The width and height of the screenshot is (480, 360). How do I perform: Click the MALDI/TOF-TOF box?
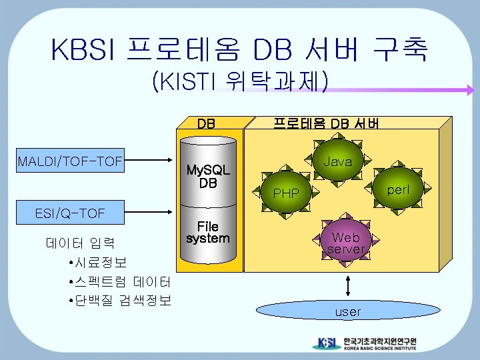(x=71, y=161)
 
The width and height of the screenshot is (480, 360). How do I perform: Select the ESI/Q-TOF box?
(x=70, y=213)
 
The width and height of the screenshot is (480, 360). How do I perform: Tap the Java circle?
(x=338, y=161)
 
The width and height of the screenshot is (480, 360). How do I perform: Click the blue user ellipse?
(x=347, y=311)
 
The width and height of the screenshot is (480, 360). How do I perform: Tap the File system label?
(x=207, y=232)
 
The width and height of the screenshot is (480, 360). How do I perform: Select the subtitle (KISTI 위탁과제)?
(x=240, y=82)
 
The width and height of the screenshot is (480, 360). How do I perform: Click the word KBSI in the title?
(x=83, y=49)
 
